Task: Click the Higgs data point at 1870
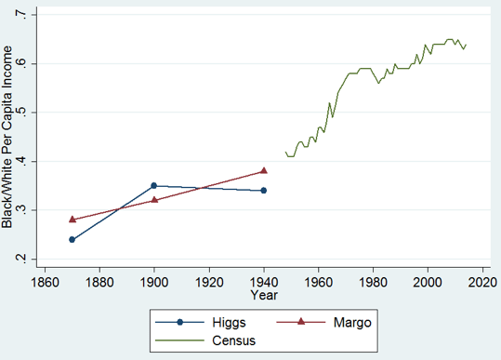72,239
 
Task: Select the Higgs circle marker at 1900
154,186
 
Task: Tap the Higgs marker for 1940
264,191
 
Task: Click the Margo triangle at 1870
72,220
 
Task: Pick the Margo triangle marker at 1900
154,199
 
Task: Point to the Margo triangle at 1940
264,170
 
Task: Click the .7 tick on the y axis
23,15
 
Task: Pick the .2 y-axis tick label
23,259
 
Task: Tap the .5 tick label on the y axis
23,113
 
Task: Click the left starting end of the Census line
285,152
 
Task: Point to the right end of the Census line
466,44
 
